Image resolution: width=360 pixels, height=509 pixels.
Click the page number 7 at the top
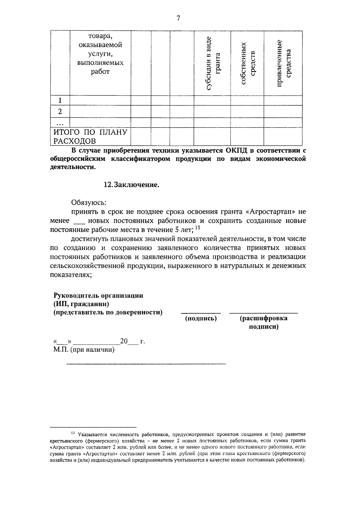tap(178, 19)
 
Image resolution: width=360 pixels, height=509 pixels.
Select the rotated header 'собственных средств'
tap(247, 63)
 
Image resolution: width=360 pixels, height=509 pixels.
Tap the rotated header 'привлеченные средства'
tap(283, 63)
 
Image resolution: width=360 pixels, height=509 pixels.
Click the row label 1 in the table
tap(60, 100)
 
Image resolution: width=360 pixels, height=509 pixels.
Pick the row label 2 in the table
tap(60, 112)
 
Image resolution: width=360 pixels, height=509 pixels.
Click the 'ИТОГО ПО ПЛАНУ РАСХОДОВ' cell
tap(90, 136)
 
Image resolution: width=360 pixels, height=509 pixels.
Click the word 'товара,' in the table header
tap(100, 36)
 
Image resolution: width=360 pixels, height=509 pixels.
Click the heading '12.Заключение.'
tap(131, 185)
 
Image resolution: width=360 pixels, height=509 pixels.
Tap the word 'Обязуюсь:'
tap(89, 203)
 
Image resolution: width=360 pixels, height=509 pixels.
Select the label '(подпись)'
tap(201, 318)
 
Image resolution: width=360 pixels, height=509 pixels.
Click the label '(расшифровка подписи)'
tap(263, 322)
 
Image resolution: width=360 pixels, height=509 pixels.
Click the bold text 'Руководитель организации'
tap(98, 295)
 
